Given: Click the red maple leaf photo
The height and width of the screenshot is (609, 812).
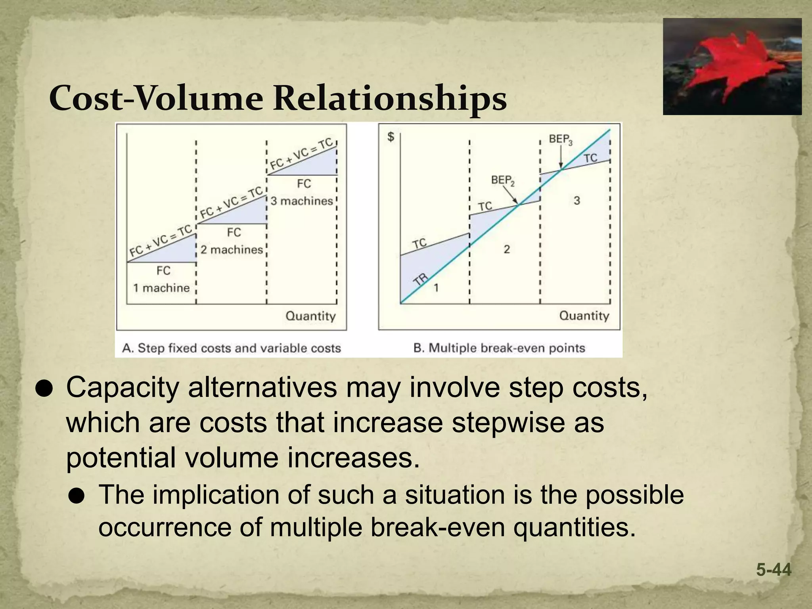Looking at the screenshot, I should pos(732,67).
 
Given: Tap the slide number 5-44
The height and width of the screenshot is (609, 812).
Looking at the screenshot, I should pos(774,570).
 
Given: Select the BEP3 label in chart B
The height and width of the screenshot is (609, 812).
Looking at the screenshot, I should pos(560,140).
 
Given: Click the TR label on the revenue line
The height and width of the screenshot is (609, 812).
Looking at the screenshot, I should pos(421,279).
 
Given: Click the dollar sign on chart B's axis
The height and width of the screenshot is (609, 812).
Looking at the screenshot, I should pos(391,137).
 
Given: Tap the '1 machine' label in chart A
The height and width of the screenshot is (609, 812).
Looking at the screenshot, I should pos(161,288).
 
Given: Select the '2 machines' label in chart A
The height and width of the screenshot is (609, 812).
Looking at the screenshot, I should pos(232,250).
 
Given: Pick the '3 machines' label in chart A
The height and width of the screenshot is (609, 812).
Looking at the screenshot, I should pos(302,201).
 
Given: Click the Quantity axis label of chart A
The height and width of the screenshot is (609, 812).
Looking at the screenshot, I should pos(310,316).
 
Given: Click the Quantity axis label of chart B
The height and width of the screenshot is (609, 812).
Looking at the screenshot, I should pos(584,316).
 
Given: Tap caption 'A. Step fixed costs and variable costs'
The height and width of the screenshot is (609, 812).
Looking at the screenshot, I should pos(232,348).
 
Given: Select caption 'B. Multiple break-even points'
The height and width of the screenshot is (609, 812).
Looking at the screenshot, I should pos(499,348).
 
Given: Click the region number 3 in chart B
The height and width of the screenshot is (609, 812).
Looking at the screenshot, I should pos(576,201).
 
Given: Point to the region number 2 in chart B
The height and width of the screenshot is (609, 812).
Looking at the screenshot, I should pos(506,249).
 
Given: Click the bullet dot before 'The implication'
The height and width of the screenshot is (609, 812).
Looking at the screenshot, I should pos(76,496).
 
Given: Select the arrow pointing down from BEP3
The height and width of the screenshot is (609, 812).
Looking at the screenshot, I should pos(561,159).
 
